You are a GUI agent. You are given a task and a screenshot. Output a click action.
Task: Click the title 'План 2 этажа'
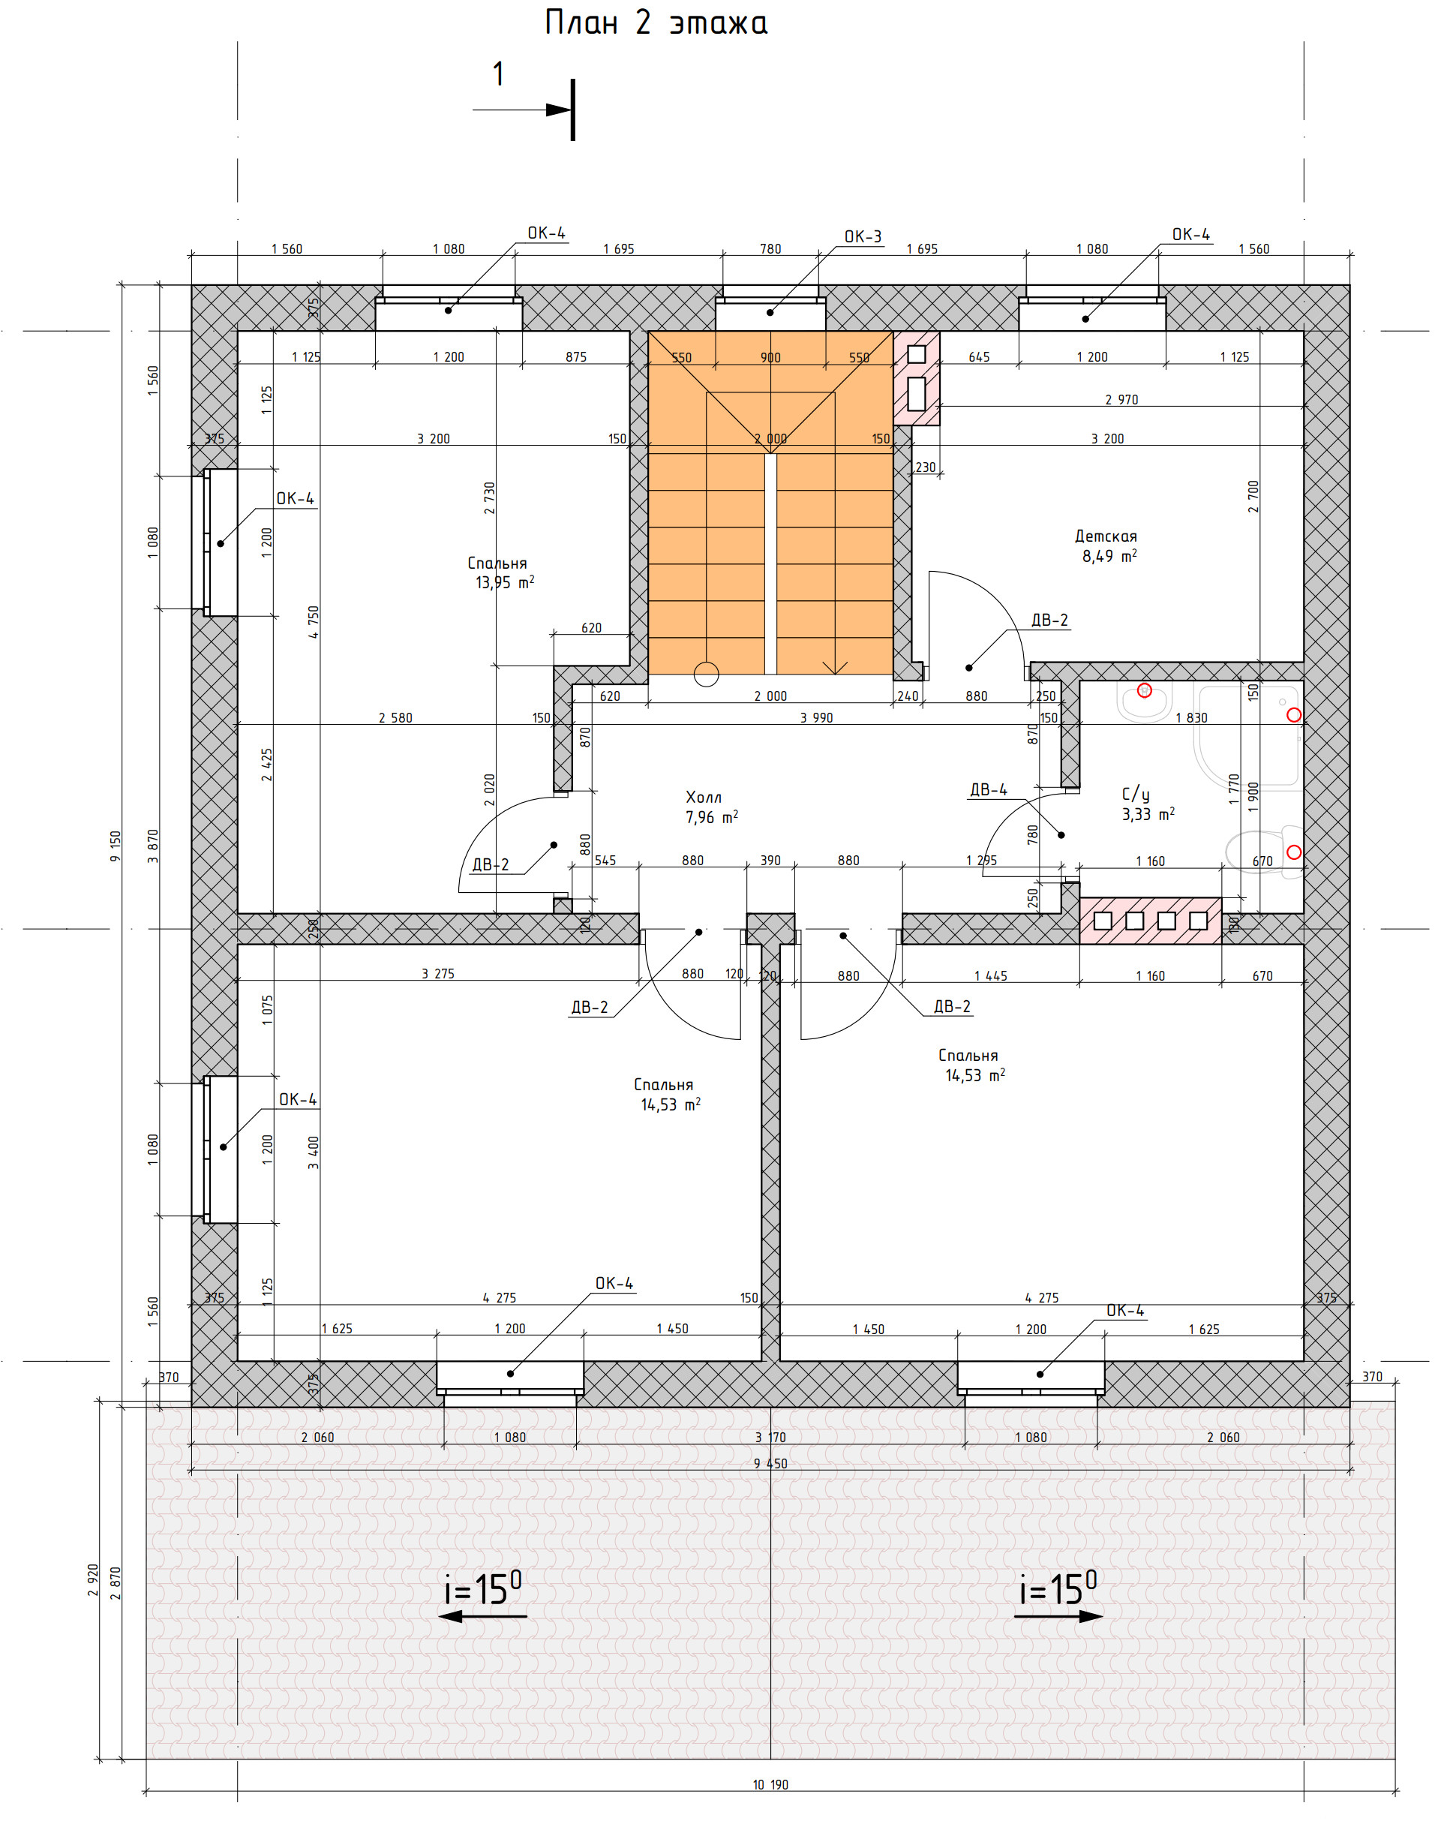click(656, 23)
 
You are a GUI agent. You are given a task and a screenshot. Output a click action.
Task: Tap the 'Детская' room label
click(1105, 536)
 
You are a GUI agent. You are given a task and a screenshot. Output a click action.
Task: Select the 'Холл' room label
click(703, 798)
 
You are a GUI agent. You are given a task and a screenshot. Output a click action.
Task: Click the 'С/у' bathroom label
click(1136, 794)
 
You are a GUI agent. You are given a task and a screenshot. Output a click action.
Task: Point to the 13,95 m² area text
click(505, 582)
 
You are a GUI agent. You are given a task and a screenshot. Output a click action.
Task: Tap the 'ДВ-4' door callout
click(988, 790)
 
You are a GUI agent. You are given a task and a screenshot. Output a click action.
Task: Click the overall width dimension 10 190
click(770, 1783)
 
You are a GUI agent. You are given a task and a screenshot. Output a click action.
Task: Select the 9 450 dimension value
click(770, 1464)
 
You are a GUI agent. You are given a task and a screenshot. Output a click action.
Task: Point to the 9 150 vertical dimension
click(116, 846)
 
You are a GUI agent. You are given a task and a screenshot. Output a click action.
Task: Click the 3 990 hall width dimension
click(816, 718)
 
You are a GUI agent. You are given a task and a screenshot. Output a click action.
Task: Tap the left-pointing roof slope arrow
click(482, 1615)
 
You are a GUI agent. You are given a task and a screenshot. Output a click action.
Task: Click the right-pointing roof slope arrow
click(1058, 1615)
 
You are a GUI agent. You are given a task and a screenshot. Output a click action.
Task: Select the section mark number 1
click(499, 74)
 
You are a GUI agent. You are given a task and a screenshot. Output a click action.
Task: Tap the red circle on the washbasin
click(1144, 690)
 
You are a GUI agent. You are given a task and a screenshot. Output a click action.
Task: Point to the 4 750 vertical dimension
click(314, 622)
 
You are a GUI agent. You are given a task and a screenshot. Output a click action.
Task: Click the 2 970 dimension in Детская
click(1121, 400)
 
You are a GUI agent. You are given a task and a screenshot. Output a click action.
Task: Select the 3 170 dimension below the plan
click(770, 1438)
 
